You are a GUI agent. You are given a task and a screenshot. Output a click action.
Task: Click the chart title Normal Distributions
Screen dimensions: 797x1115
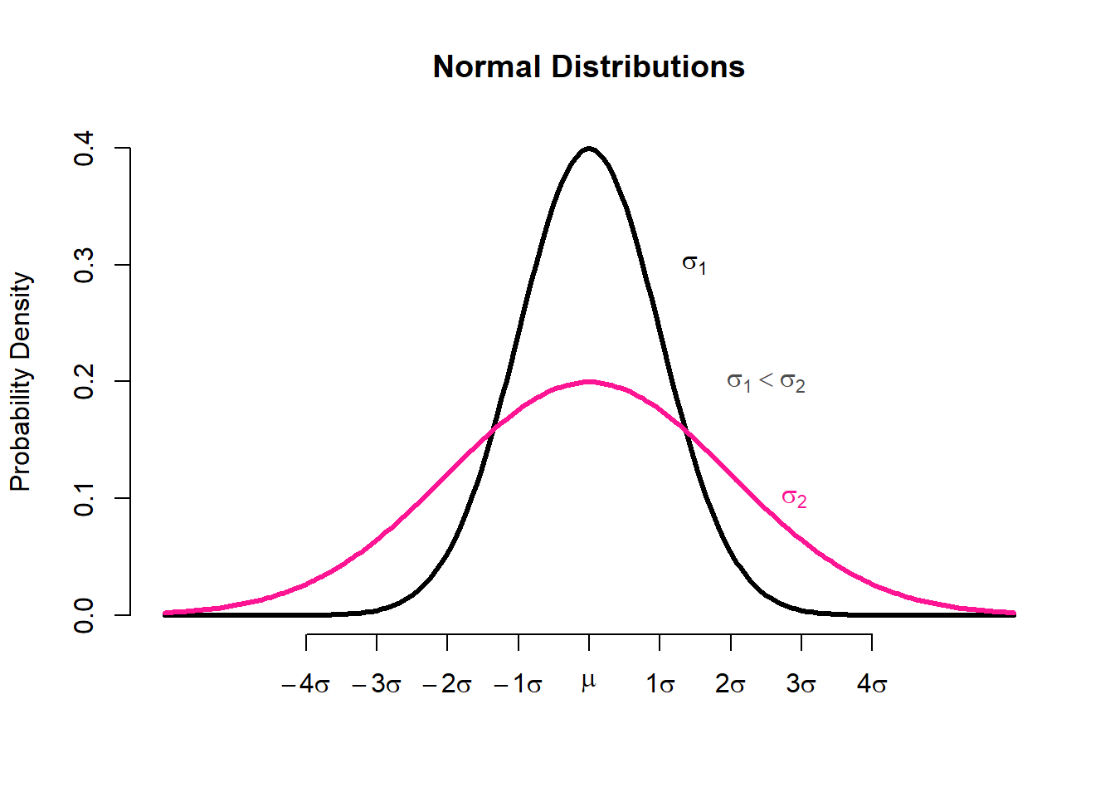588,67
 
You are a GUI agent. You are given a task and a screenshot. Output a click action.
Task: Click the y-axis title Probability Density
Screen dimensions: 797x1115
20,382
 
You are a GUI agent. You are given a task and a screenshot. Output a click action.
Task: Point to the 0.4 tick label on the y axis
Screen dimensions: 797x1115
84,149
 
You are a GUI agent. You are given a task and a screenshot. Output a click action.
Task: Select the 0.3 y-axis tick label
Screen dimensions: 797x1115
84,266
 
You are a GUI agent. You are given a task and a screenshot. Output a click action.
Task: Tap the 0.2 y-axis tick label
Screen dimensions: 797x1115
84,382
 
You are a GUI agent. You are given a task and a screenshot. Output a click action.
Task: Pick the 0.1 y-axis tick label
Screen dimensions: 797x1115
84,498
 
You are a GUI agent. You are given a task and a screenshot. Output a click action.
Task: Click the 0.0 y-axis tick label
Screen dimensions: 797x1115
84,615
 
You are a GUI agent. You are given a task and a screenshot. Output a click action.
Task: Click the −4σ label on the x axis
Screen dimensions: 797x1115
305,685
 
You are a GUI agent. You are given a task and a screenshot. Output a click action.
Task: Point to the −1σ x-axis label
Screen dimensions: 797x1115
518,685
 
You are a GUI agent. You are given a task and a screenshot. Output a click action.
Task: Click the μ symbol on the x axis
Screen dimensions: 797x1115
589,682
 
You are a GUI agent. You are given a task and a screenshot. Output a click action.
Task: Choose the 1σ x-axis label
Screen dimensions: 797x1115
660,685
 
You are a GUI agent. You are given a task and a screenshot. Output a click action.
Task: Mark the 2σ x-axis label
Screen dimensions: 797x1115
731,685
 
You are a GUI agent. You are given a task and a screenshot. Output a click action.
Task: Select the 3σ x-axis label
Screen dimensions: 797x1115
801,685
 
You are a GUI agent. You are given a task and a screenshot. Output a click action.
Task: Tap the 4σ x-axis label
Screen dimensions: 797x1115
872,685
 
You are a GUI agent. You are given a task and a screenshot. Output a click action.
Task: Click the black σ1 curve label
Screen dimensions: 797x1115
694,265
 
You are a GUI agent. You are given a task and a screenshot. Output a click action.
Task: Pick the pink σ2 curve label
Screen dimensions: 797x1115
794,498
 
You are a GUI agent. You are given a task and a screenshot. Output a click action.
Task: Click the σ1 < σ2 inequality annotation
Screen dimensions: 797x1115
766,382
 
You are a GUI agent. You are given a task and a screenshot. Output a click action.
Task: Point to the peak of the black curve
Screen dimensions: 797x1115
589,149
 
